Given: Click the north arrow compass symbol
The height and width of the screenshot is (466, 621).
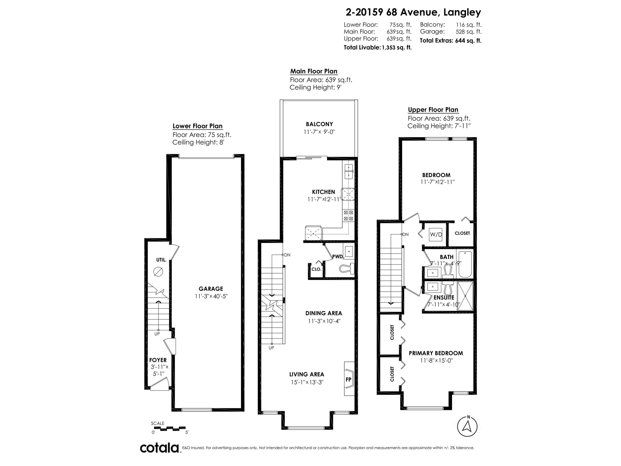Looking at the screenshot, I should [467, 426].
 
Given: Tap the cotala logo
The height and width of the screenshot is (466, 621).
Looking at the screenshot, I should [159, 448].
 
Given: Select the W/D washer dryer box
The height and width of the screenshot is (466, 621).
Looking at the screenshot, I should [436, 234].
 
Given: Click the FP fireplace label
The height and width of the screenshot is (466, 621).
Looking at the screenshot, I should [348, 379].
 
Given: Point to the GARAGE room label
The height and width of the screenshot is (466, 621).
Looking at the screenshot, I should [211, 289].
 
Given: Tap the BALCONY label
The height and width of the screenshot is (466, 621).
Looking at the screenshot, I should [319, 124].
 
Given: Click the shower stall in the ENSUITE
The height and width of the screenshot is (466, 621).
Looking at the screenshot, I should [465, 296].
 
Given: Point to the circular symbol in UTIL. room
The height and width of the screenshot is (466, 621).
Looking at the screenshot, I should [158, 271].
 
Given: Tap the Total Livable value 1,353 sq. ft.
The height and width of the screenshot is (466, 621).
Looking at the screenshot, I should [396, 47].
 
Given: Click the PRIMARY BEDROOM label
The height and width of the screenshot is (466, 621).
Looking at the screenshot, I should [436, 353].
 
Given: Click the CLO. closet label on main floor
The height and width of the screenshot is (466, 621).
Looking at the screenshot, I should [316, 269].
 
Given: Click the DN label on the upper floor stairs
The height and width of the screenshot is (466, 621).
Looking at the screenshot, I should [405, 234].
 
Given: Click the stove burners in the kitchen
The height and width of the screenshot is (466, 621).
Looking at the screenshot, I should [348, 215].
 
